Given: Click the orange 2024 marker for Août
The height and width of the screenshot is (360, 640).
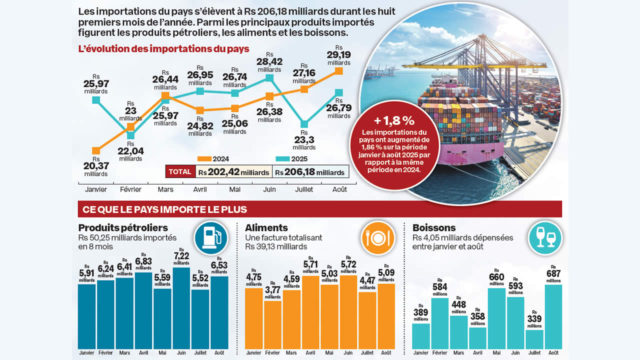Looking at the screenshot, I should [338, 71].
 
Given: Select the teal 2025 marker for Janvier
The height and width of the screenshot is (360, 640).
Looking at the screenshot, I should [96, 100].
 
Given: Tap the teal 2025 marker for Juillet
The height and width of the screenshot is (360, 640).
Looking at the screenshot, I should [304, 124].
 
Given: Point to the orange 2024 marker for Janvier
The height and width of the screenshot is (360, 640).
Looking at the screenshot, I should [96, 150].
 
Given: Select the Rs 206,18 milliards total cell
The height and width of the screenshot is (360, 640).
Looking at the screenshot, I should [310, 172].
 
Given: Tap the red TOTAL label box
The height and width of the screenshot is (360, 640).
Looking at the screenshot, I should [180, 171].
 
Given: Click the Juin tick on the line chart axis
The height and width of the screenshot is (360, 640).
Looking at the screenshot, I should [269, 189].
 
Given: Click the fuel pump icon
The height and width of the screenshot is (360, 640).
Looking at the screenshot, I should [210, 238].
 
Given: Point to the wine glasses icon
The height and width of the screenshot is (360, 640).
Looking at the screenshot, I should [545, 238].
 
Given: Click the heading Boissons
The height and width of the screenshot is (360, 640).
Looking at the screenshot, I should [434, 228].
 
